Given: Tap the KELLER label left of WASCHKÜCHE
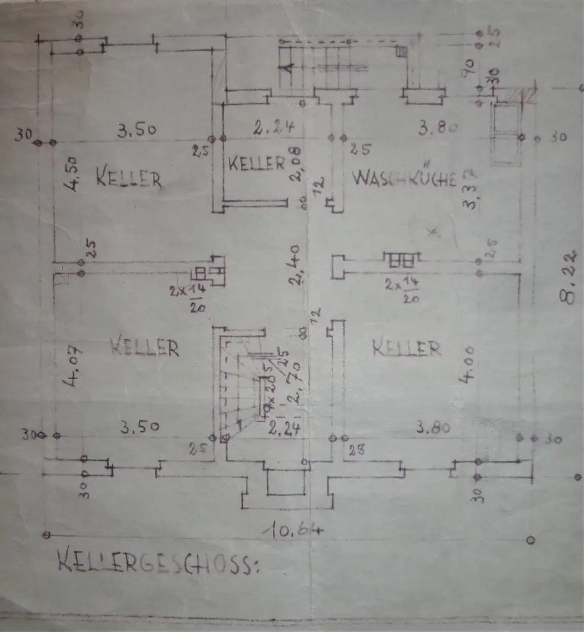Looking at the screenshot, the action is [256, 164].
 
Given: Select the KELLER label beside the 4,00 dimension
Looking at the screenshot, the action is [406, 347].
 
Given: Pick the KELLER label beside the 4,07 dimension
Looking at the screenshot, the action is [144, 346].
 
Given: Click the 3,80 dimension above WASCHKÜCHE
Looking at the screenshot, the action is [437, 129].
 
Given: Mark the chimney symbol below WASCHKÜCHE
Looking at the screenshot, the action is [401, 259].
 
